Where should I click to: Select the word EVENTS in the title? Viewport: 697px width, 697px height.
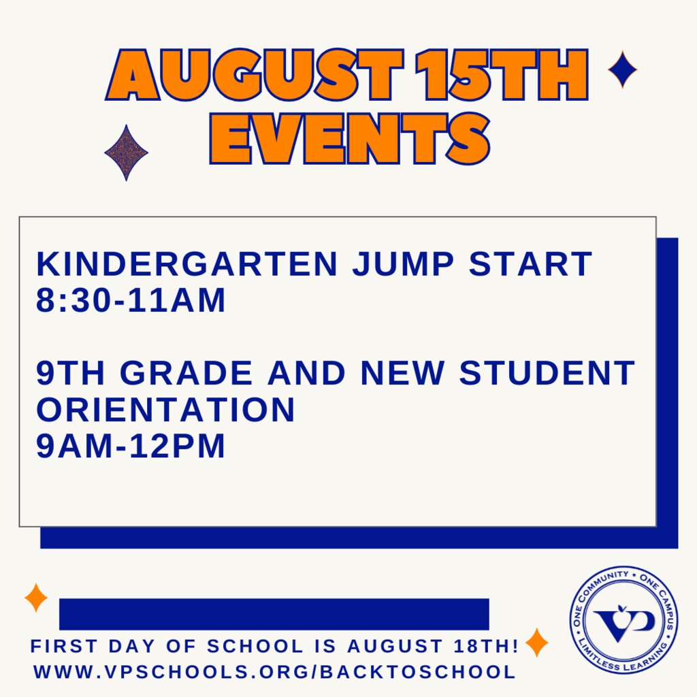click(349, 138)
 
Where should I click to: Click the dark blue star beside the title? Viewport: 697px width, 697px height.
click(622, 69)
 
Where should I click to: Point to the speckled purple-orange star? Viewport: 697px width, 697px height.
click(126, 152)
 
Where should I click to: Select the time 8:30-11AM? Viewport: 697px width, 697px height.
click(130, 300)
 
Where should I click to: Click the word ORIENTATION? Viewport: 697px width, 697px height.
click(165, 410)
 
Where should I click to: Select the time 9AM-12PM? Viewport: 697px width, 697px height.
click(130, 447)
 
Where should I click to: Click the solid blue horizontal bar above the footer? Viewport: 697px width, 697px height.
click(274, 614)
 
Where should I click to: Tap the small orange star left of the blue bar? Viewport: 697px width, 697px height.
click(36, 598)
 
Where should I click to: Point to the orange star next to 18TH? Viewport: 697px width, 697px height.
click(536, 643)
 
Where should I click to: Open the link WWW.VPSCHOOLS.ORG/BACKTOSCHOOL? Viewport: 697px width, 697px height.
click(274, 672)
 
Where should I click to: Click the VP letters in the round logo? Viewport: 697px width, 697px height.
click(623, 621)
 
